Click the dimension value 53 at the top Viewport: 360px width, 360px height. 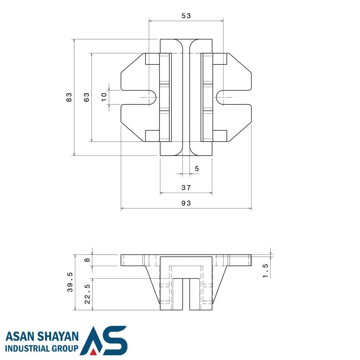coord(186,16)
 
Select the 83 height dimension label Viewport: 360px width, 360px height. coord(69,97)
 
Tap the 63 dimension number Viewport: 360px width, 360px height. coord(86,97)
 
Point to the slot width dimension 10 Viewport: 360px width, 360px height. coord(104,97)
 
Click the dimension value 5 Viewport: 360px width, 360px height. coord(197,169)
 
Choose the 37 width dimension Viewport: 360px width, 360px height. coord(186,188)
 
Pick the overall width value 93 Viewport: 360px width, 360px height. coord(186,203)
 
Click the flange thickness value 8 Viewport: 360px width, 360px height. coord(87,260)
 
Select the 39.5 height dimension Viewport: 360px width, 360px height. coord(70,282)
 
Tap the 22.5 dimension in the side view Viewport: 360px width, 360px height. coord(87,294)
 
